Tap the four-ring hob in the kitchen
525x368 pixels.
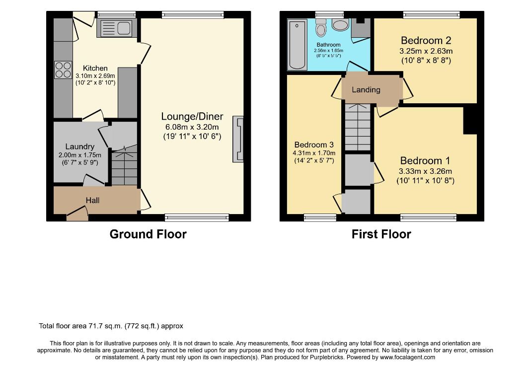(63, 70)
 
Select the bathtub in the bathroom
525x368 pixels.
(297, 45)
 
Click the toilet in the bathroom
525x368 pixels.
(321, 27)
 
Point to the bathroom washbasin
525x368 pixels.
(341, 24)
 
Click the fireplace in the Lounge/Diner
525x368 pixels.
(238, 139)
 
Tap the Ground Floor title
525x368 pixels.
(148, 234)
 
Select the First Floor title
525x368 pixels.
(381, 234)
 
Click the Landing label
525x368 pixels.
(366, 90)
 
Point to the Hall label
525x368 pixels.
(92, 200)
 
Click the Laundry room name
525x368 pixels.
(79, 147)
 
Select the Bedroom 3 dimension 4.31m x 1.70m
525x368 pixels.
(314, 153)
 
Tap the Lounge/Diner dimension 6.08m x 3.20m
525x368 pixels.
(192, 127)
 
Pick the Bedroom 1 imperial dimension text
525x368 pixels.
(426, 181)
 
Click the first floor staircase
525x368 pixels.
(358, 127)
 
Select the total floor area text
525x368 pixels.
(111, 326)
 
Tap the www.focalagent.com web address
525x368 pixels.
(407, 357)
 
